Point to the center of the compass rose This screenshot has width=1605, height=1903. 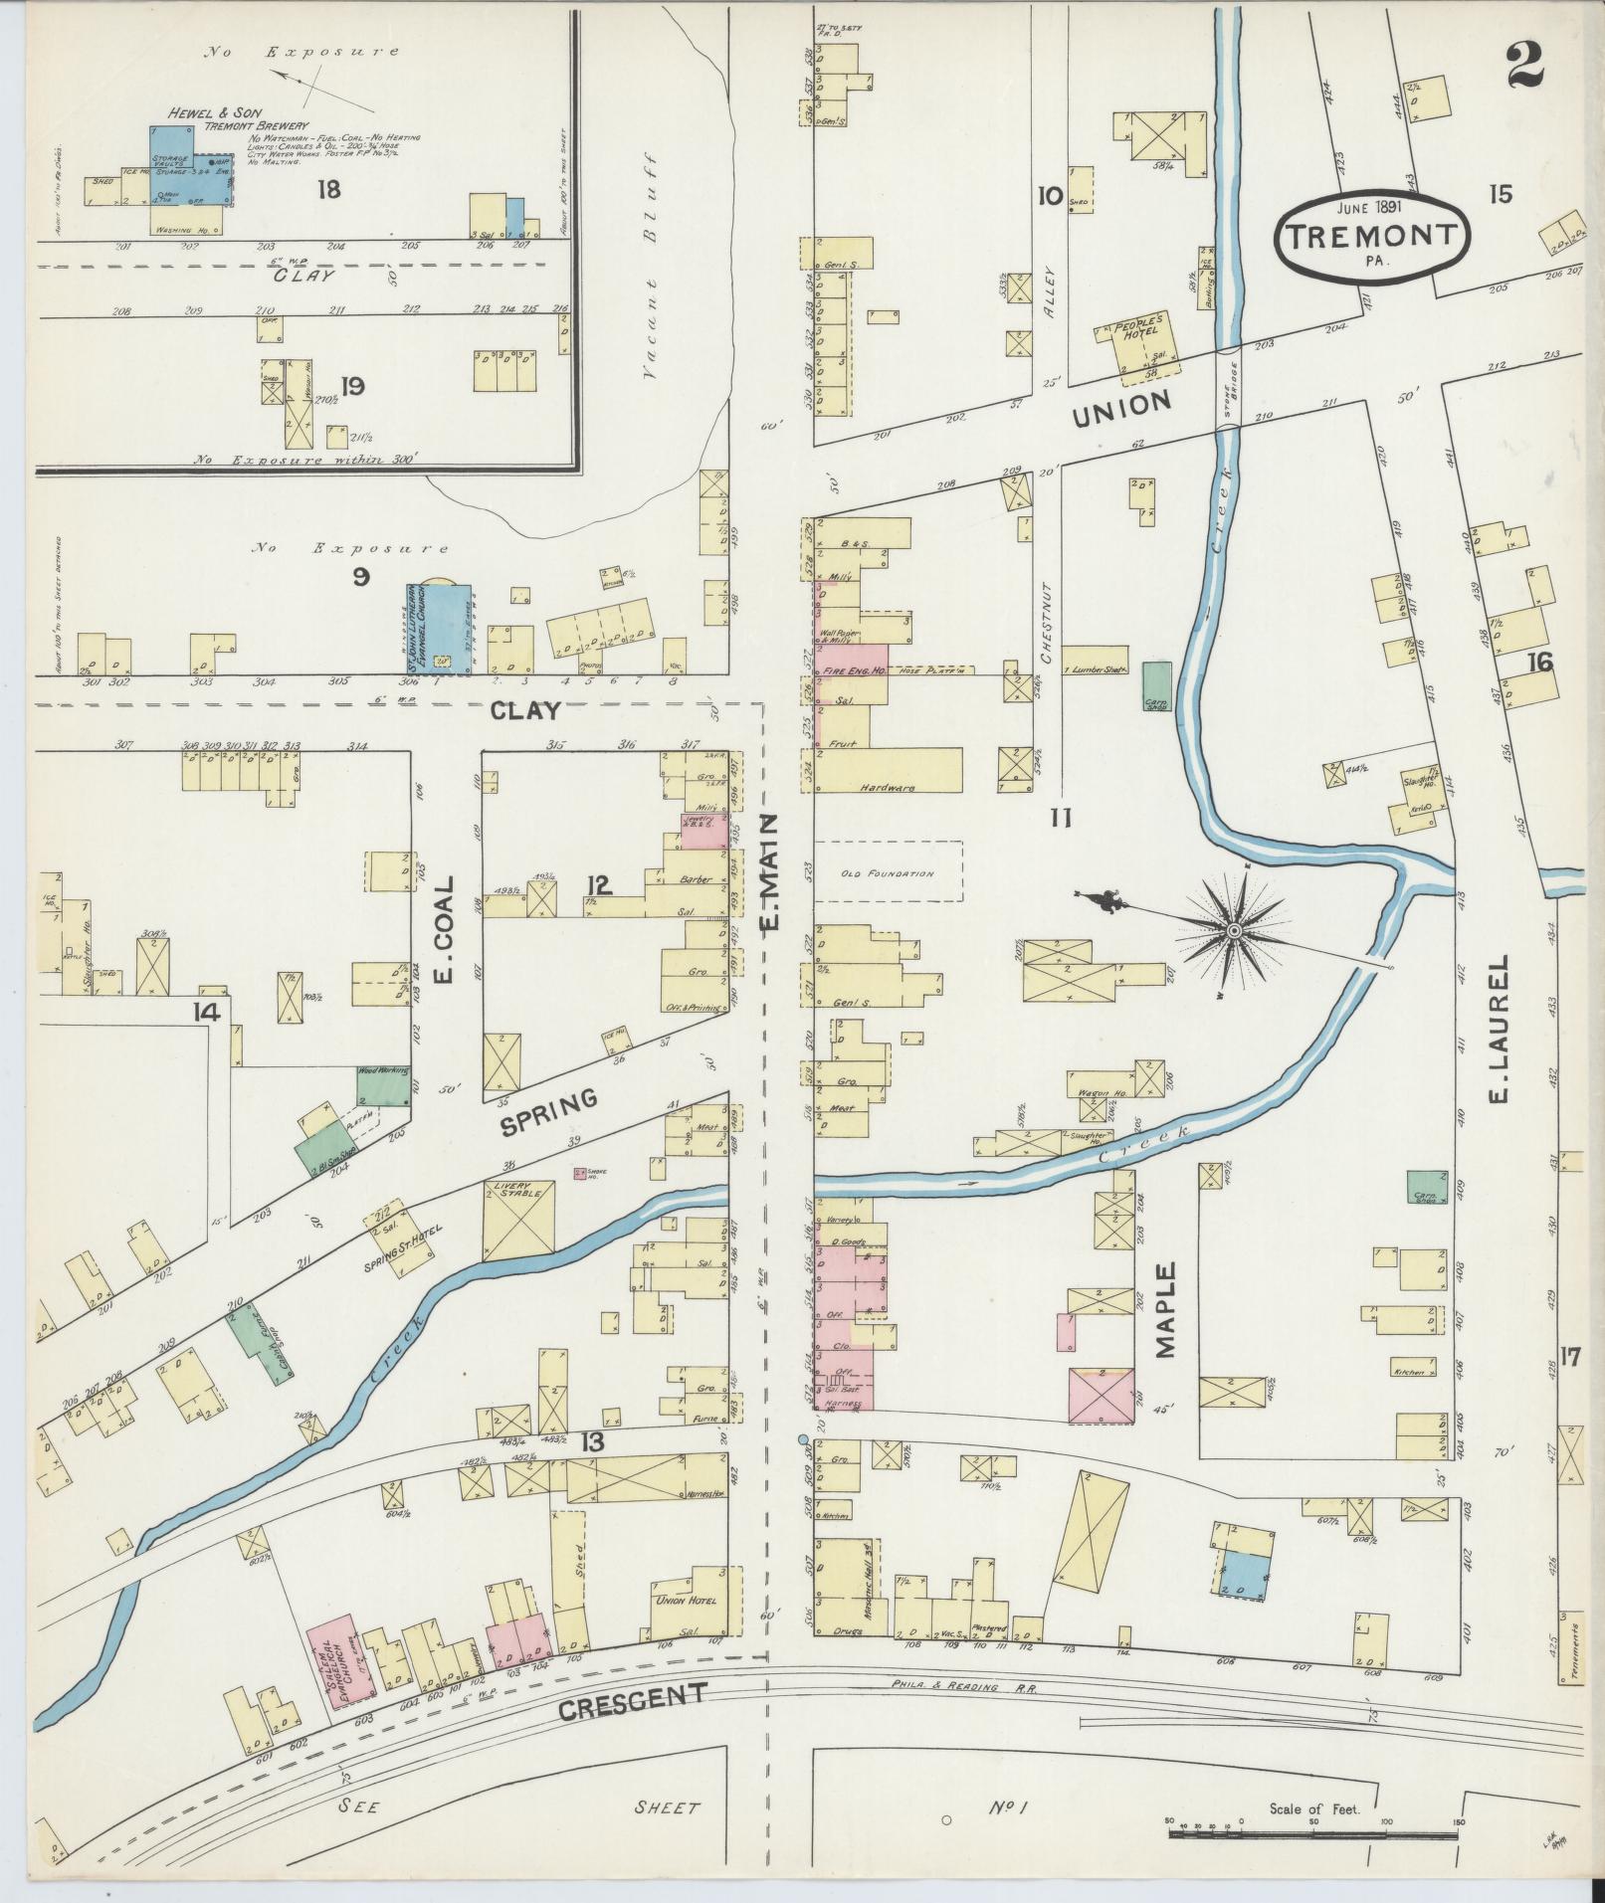1234,930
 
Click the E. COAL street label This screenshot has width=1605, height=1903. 445,929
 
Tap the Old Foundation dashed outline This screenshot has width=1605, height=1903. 889,871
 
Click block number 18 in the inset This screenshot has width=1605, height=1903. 328,188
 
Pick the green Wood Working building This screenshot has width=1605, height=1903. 385,1084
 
